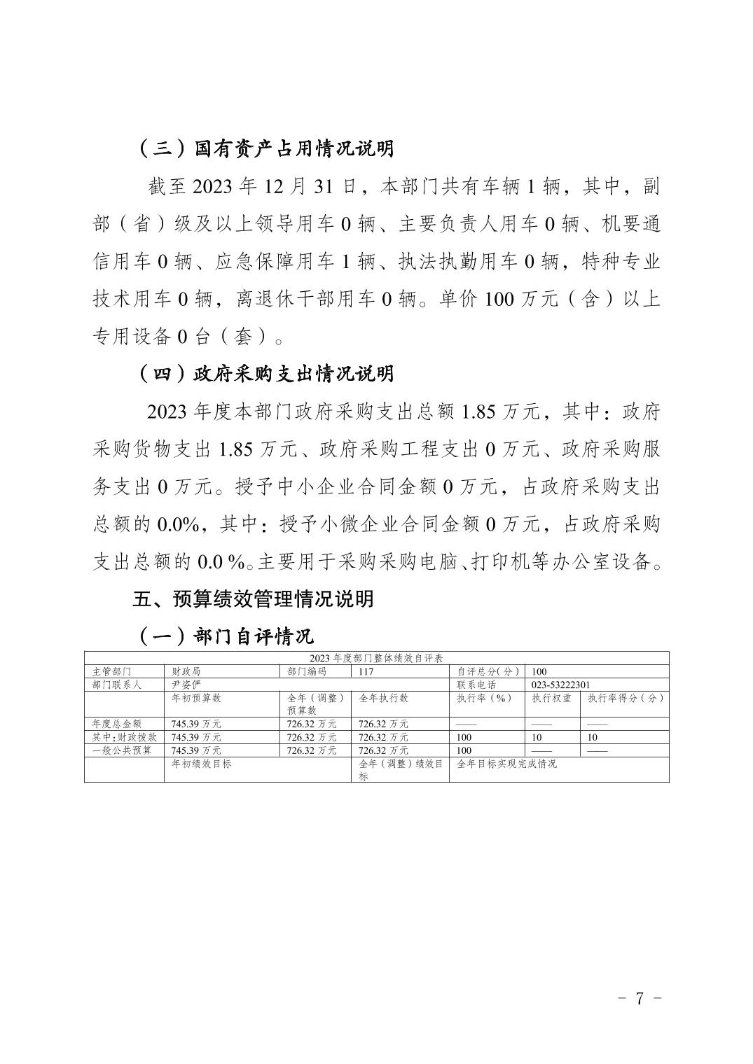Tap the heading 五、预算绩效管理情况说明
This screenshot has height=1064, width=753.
point(253,599)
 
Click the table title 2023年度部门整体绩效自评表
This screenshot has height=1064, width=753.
point(376,658)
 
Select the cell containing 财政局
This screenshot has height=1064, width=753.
point(186,671)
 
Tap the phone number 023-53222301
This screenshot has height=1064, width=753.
point(560,685)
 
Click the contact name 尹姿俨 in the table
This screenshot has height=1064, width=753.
point(186,685)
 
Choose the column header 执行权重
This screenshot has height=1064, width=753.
point(551,698)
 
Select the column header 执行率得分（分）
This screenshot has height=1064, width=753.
point(625,698)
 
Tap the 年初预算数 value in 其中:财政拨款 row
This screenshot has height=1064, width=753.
point(196,737)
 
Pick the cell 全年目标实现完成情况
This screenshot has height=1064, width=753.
point(506,764)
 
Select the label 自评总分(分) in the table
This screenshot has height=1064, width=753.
point(488,671)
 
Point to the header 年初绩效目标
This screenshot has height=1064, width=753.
point(201,764)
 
